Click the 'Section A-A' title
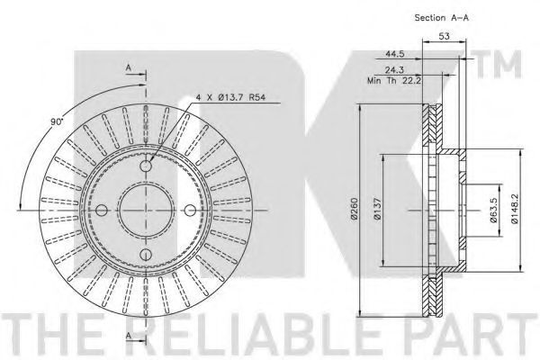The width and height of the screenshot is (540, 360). click(x=442, y=18)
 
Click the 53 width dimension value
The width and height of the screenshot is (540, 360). click(x=445, y=36)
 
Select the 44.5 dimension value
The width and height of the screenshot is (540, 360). click(x=395, y=54)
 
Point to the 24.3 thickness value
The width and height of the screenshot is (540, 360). click(x=394, y=70)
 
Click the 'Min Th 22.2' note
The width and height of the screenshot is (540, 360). click(x=395, y=81)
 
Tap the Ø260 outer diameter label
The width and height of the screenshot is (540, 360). click(x=355, y=209)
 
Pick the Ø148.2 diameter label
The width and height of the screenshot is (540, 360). click(x=515, y=209)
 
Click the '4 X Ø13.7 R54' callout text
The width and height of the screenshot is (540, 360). click(x=230, y=97)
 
